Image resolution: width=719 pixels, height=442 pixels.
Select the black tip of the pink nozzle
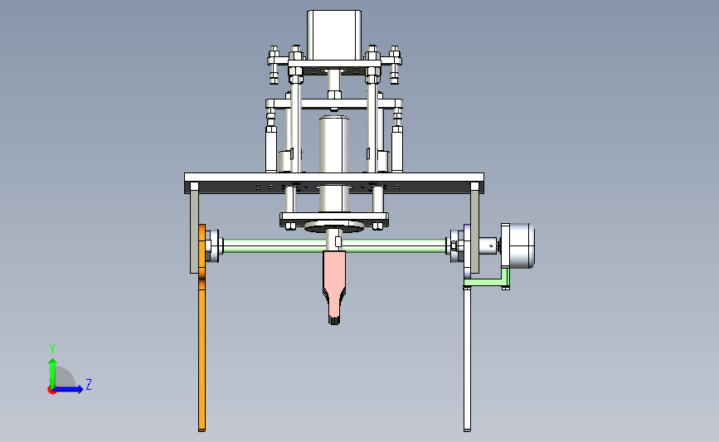[x=334, y=320]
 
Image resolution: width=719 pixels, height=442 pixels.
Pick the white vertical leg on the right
[x=467, y=358]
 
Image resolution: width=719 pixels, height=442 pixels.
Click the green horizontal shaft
[x=335, y=245]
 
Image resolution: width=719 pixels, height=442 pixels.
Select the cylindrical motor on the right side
[x=518, y=245]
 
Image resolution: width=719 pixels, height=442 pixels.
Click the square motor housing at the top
[x=334, y=35]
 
